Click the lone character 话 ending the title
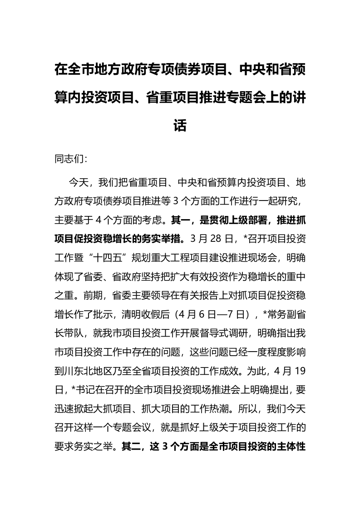180,125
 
